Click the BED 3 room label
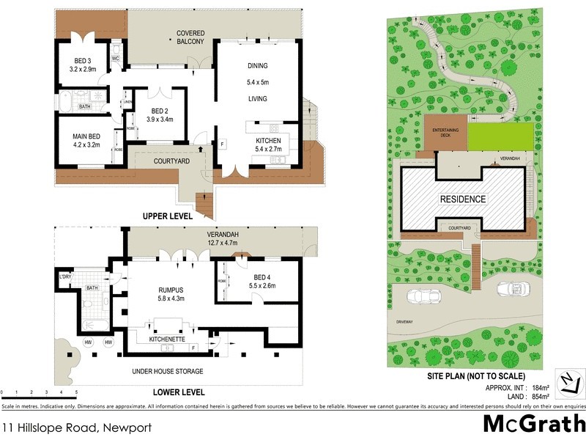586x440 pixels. coord(83,61)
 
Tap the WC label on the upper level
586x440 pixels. coord(116,58)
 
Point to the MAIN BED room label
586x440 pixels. coord(86,136)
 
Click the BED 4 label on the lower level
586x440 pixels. coord(262,276)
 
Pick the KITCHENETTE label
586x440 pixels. coord(165,340)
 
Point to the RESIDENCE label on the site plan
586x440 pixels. coord(462,199)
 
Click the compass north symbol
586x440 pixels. coord(569,381)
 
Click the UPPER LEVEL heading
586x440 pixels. coord(168,216)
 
